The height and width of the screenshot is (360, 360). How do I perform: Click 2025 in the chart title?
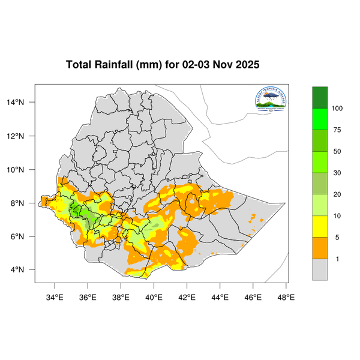click(x=246, y=65)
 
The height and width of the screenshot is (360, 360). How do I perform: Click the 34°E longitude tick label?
click(x=55, y=296)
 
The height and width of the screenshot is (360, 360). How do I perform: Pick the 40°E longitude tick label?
click(x=154, y=296)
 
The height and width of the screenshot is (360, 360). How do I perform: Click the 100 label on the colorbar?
click(x=337, y=109)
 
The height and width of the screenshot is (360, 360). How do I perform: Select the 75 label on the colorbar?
click(x=337, y=130)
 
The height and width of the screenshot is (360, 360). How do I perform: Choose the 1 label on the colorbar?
click(x=337, y=259)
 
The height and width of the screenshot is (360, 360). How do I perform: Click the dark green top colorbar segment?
click(x=320, y=97)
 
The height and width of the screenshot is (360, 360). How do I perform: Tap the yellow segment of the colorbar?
click(x=320, y=227)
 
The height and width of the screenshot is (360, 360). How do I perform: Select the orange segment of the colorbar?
click(x=320, y=248)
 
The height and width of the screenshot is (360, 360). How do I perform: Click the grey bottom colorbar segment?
click(x=320, y=270)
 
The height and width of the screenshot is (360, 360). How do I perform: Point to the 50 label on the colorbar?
click(x=337, y=152)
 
